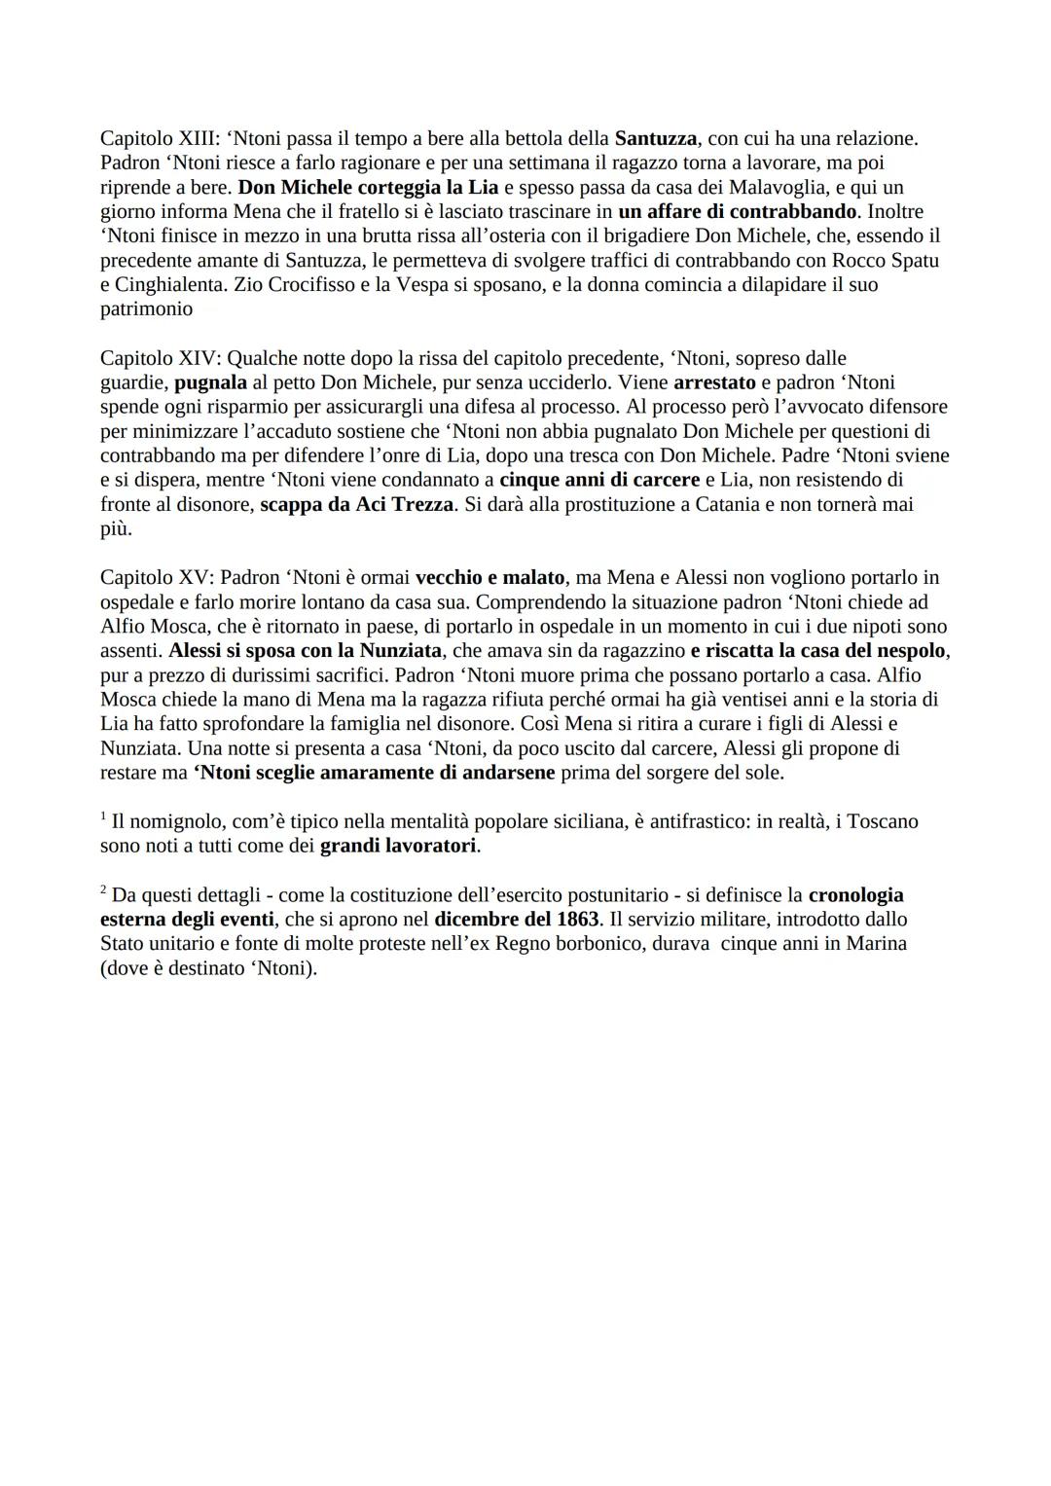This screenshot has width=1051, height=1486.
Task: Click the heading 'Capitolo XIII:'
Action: [x=160, y=138]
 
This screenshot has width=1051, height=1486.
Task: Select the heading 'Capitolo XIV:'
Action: [x=161, y=358]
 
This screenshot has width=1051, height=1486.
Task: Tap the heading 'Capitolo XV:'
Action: [x=157, y=578]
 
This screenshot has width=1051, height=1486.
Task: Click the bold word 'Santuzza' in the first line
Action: [x=655, y=138]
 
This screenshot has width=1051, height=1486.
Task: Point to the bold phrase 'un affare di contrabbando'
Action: [x=737, y=211]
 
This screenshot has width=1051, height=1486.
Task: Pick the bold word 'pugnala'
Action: [x=210, y=382]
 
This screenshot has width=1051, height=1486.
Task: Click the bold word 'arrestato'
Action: [x=714, y=382]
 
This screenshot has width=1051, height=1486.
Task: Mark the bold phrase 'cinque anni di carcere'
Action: [x=599, y=480]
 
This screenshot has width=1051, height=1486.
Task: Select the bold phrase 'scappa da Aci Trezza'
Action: [x=356, y=504]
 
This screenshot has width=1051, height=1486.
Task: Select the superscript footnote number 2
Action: [x=103, y=890]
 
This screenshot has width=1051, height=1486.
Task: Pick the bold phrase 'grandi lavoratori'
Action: [x=398, y=846]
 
